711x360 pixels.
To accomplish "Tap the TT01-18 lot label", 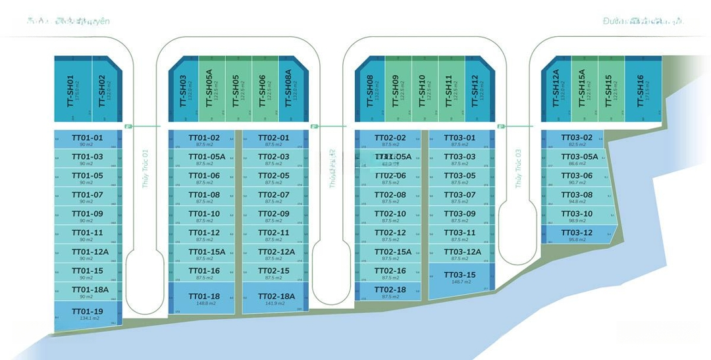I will [x=204, y=296].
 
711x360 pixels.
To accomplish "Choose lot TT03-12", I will [x=577, y=234].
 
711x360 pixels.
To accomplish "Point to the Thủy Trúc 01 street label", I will [x=145, y=168].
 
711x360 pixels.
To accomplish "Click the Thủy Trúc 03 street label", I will [x=518, y=168].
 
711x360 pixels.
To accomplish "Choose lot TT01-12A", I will [x=87, y=252].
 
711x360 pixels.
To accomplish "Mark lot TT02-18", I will [x=390, y=290].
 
